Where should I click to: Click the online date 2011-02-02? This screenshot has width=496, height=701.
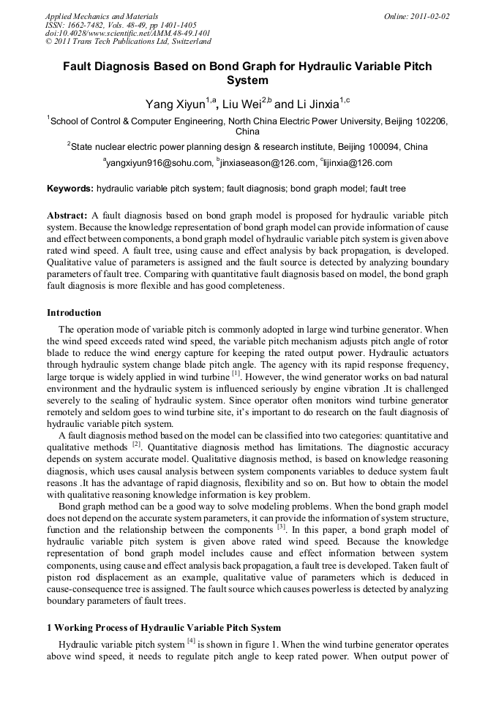click(x=429, y=15)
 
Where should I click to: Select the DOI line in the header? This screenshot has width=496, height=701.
click(x=128, y=33)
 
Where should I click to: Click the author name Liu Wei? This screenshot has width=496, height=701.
click(x=240, y=105)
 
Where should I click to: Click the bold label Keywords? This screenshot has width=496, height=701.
click(x=70, y=189)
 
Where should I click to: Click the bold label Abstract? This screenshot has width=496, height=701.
click(x=67, y=216)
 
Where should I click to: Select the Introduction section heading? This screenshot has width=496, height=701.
click(x=74, y=312)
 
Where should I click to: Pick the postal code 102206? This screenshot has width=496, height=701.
click(x=429, y=121)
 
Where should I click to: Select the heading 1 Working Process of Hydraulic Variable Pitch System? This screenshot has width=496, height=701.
click(x=164, y=628)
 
